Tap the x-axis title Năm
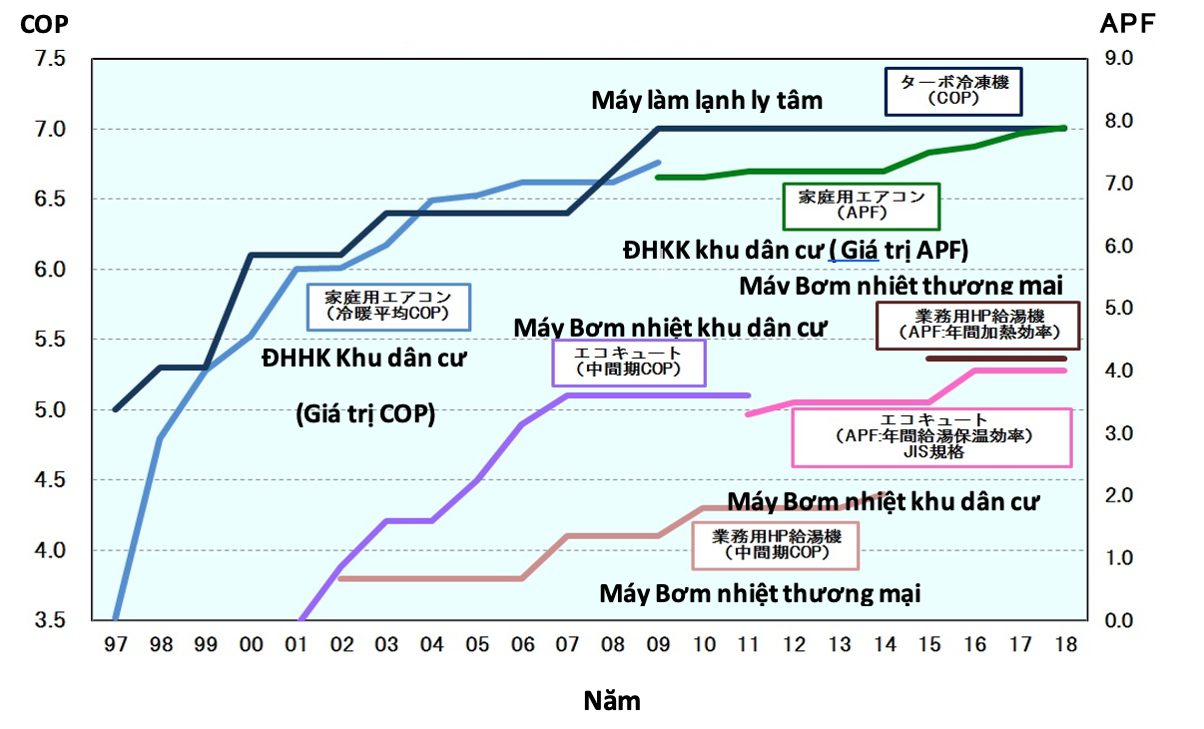click(611, 701)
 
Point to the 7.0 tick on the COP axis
click(49, 130)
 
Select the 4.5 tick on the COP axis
click(49, 480)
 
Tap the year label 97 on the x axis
click(116, 645)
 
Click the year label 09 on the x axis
click(659, 645)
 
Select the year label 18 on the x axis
click(1065, 645)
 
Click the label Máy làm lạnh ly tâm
click(707, 100)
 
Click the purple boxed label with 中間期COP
click(629, 362)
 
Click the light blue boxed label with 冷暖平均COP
click(387, 305)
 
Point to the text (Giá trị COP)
click(365, 413)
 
